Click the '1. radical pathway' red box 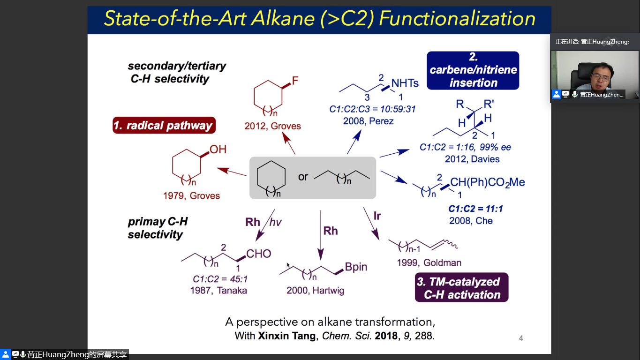point(164,125)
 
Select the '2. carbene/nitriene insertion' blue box point(473,70)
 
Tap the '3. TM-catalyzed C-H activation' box point(461,288)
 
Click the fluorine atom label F point(295,81)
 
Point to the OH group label point(218,150)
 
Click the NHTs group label point(405,83)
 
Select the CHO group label point(259,254)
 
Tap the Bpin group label point(356,267)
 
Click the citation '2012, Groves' point(272,126)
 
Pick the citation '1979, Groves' point(191,195)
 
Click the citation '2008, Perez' point(368,121)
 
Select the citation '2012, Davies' point(472,159)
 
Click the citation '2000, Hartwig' point(315,291)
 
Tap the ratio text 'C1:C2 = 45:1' point(220,279)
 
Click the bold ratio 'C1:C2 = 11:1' point(475,209)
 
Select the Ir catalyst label point(377,216)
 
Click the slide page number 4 point(521,338)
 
